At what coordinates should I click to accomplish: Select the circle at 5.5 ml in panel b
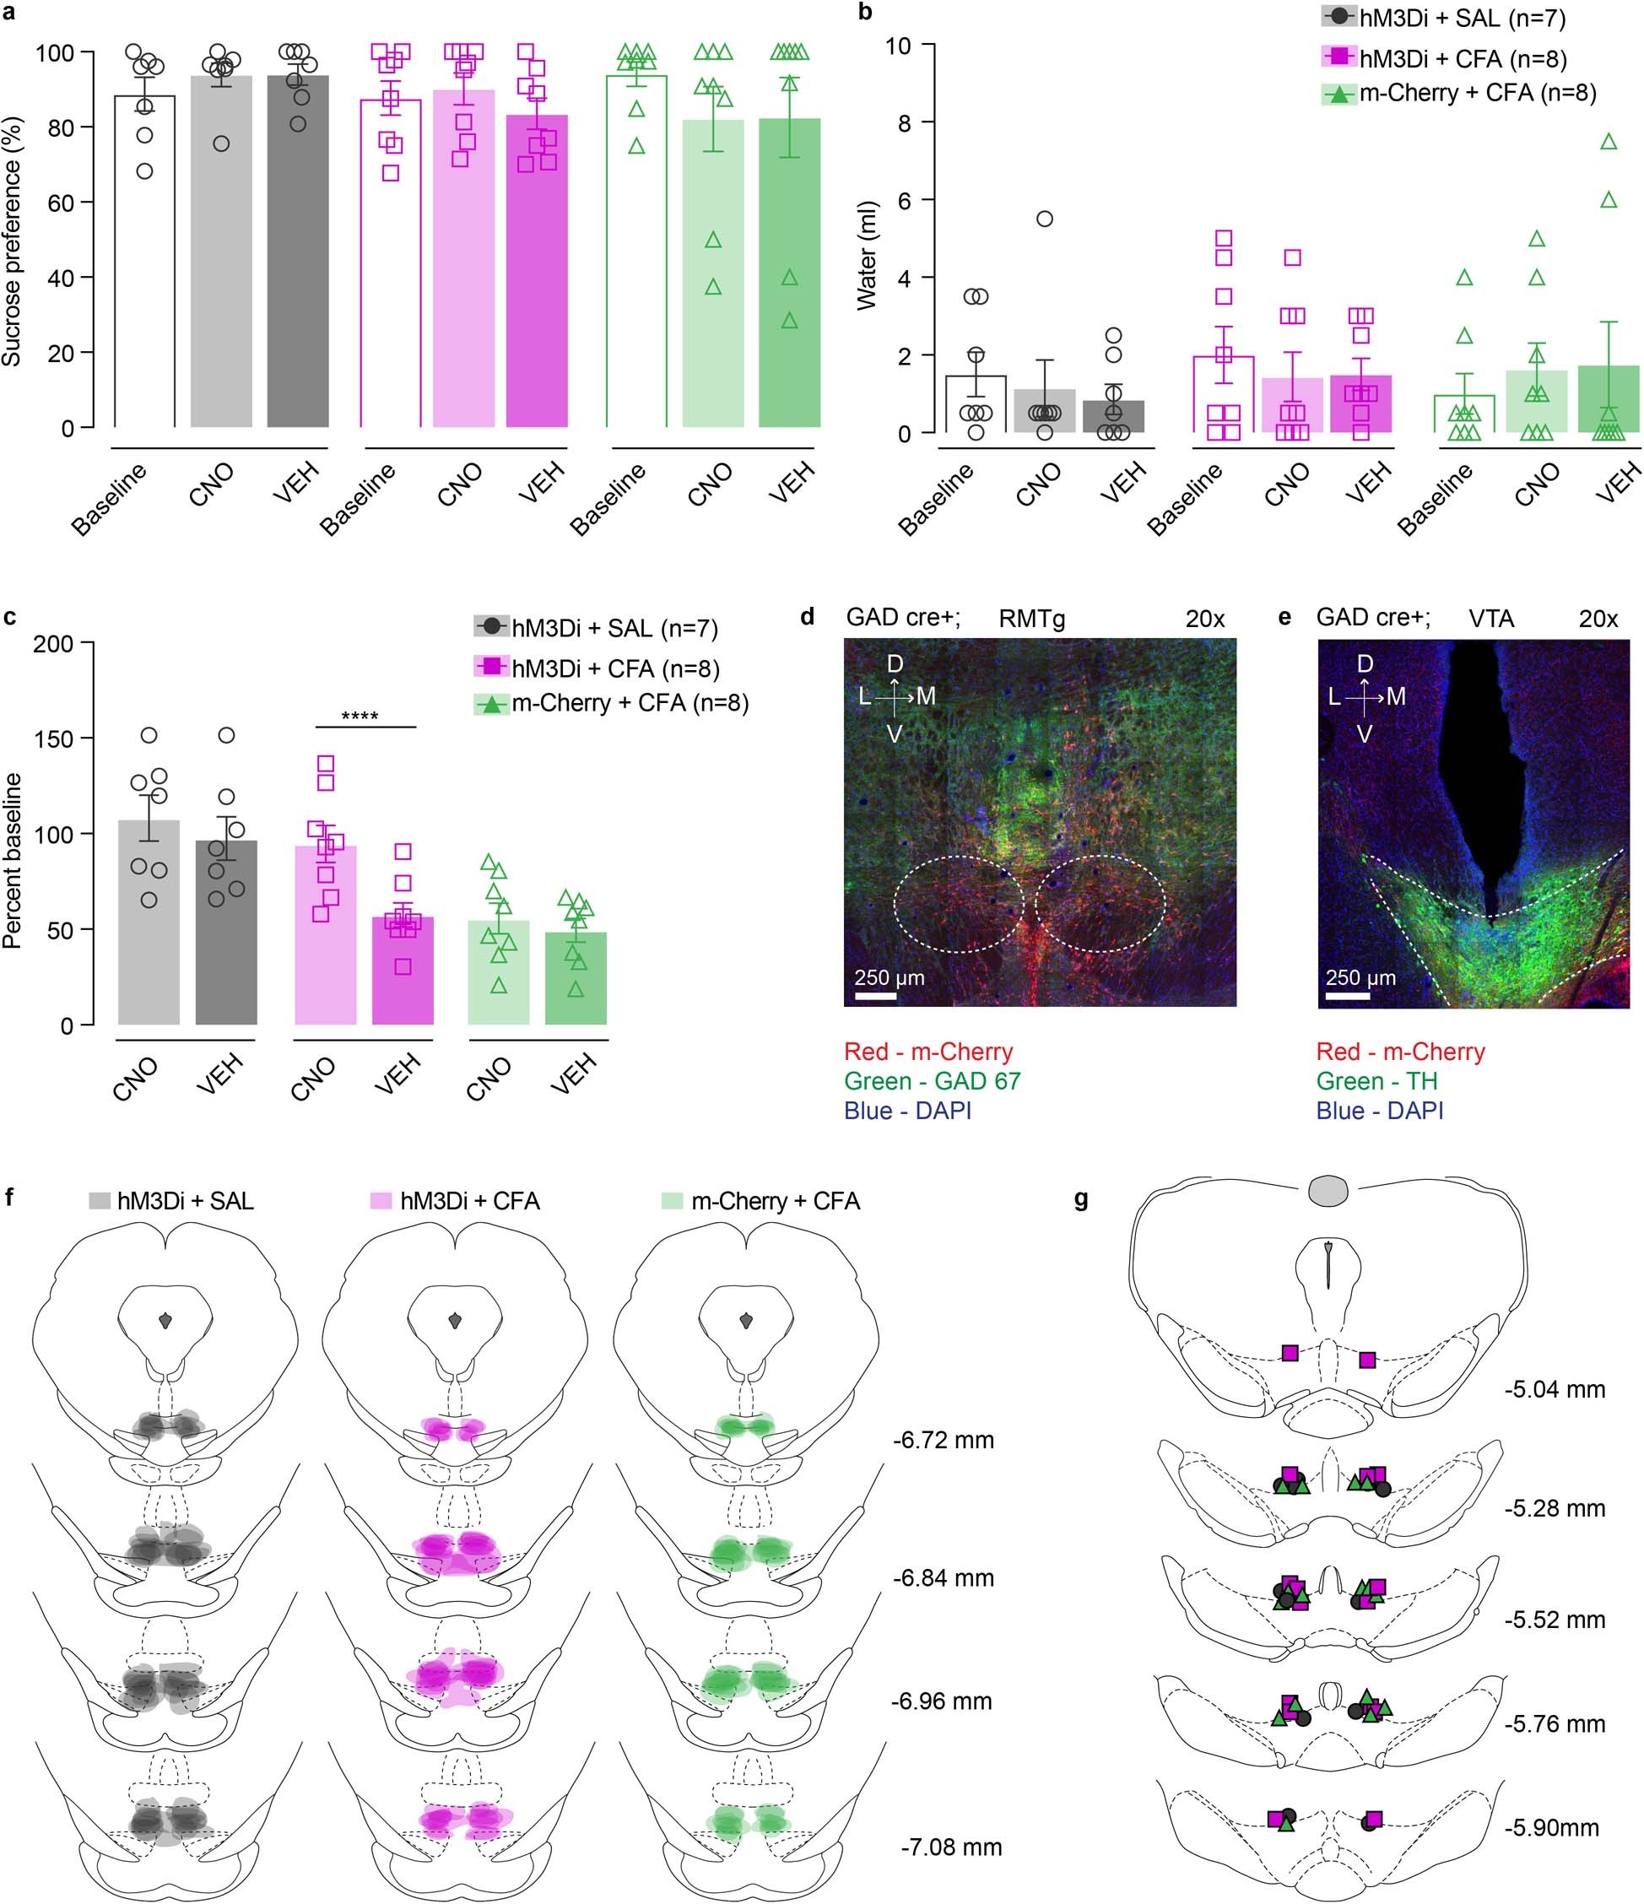coord(1044,219)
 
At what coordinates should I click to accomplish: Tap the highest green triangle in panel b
coord(1609,143)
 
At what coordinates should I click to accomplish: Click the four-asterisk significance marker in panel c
coord(360,716)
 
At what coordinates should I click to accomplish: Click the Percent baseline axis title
coord(12,860)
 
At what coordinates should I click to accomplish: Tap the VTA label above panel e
coord(1490,619)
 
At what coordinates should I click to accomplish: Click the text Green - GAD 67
coord(931,1082)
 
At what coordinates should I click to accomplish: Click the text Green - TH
coord(1376,1082)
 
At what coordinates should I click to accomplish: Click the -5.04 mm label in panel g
coord(1555,1389)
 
